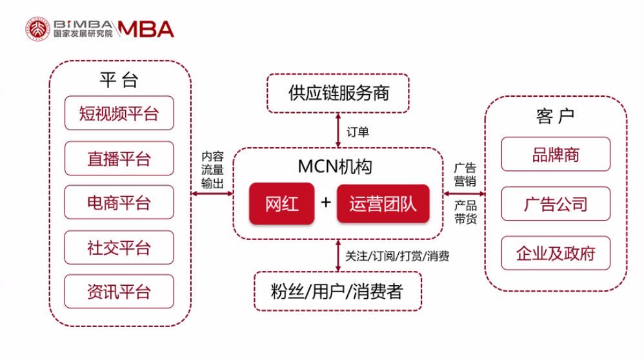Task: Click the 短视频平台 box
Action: coord(119,113)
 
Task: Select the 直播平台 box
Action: coord(119,159)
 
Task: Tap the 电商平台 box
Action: coord(119,203)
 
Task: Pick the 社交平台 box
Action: coord(119,248)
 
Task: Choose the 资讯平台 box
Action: coord(119,292)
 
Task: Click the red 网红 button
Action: coord(282,204)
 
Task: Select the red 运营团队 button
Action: coord(383,204)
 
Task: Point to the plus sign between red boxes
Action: coord(326,203)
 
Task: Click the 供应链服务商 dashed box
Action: coord(338,93)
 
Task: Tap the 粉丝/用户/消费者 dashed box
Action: coord(338,291)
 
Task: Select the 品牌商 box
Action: coord(556,154)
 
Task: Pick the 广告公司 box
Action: coord(556,204)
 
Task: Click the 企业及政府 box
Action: coord(556,253)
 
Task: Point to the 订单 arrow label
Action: coord(357,132)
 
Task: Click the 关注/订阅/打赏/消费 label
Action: coord(397,256)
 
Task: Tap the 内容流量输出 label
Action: coord(212,170)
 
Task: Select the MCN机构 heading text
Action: coord(335,166)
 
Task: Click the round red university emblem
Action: coord(38,29)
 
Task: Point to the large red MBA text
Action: coord(146,29)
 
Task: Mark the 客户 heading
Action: coord(556,116)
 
